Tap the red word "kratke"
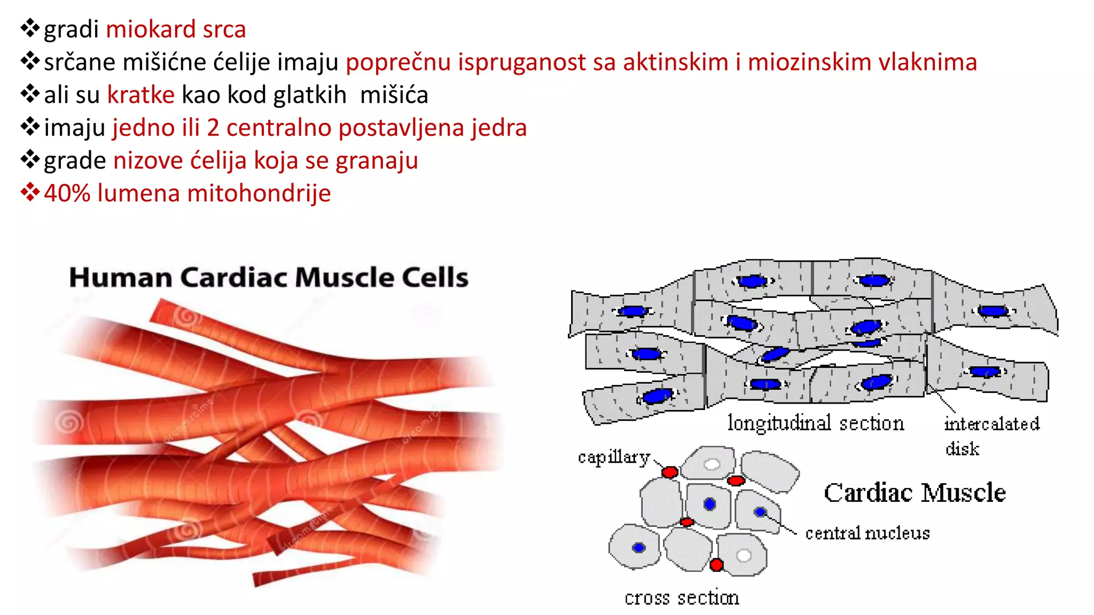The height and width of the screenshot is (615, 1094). point(140,95)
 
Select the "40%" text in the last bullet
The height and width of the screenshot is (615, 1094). point(67,193)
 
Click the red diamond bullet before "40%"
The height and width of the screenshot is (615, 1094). point(30,192)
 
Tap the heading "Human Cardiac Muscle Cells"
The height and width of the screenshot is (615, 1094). point(269,278)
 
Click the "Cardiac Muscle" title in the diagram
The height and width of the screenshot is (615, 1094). point(915,492)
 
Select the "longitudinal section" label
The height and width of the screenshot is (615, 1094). point(816,423)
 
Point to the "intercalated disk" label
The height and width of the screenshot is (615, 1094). point(991,435)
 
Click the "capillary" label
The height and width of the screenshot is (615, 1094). point(614,458)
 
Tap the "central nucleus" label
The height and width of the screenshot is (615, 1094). point(867,533)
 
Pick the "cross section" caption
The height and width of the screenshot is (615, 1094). point(682,597)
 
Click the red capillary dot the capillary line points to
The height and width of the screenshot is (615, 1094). point(670,472)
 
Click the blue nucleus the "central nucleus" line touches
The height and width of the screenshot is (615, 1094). point(760,512)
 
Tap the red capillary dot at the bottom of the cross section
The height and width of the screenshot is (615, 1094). point(717,564)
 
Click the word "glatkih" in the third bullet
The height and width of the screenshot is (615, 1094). point(309,95)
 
